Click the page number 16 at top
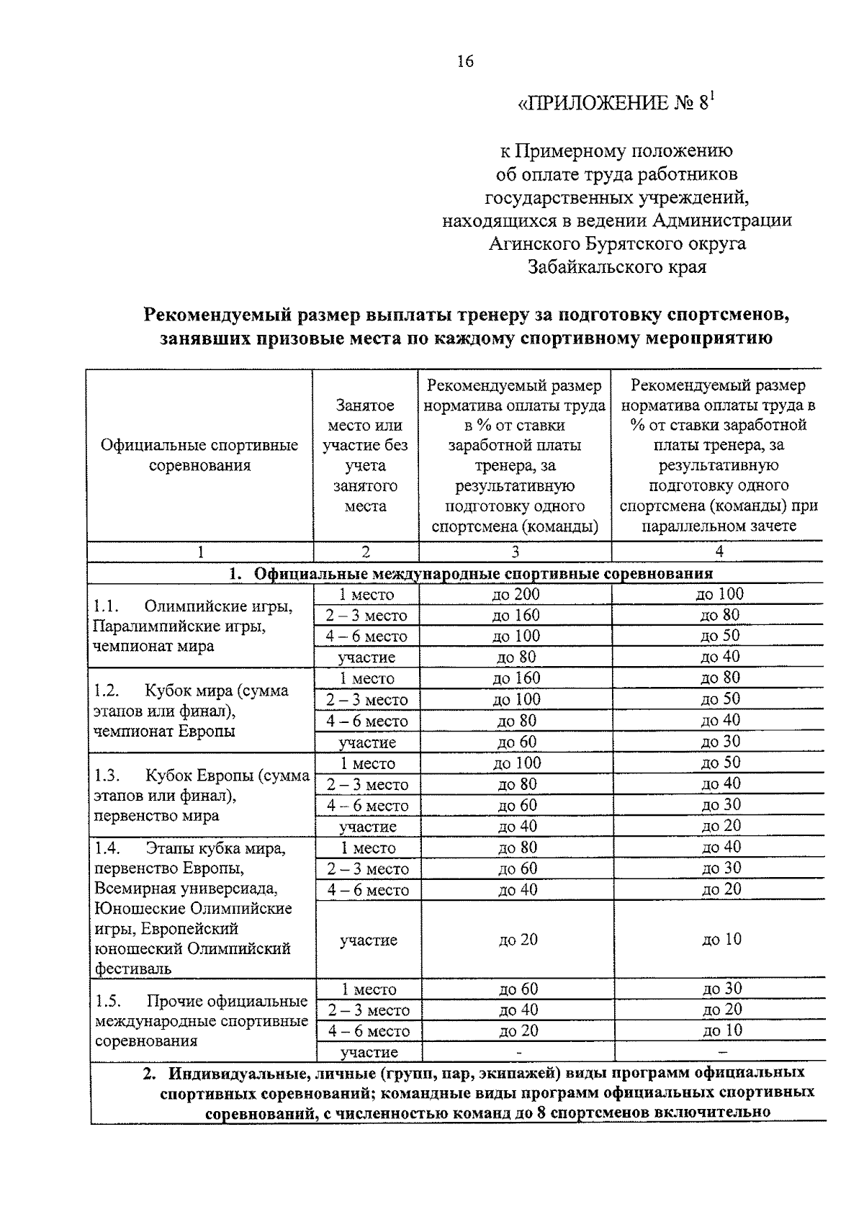[x=465, y=61]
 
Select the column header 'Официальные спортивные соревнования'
[x=199, y=455]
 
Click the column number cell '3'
[x=515, y=552]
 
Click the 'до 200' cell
[x=515, y=594]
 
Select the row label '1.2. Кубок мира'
[x=192, y=691]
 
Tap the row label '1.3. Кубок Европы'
[x=202, y=776]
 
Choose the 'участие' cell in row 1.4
[x=368, y=940]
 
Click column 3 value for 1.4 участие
[x=518, y=940]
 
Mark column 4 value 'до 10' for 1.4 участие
[x=721, y=939]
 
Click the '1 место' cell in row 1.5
[x=368, y=989]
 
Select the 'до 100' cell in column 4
[x=719, y=594]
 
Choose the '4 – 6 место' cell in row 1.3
[x=368, y=806]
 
